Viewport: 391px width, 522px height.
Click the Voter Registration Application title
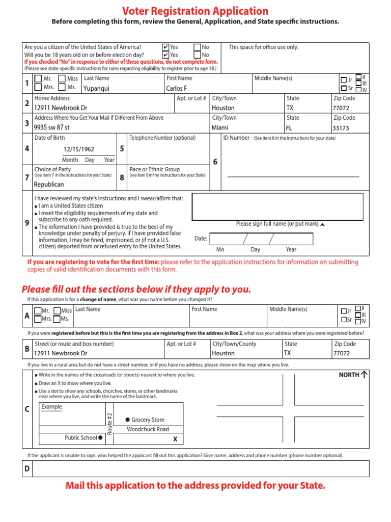[x=195, y=11]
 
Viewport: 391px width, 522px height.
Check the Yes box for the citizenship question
[x=165, y=47]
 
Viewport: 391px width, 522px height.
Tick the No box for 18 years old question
[x=197, y=55]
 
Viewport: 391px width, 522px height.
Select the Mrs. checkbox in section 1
[x=38, y=88]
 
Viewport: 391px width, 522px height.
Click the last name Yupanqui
[x=96, y=88]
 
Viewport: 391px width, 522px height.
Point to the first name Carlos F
[x=177, y=88]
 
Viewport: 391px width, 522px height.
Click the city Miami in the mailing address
[x=220, y=128]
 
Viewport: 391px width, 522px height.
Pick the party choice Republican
[x=49, y=185]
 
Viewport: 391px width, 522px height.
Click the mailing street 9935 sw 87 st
[x=52, y=128]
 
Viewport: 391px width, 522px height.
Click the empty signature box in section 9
[x=277, y=206]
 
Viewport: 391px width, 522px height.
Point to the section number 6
[x=215, y=162]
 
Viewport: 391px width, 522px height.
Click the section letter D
[x=27, y=468]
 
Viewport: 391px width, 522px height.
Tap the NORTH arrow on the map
[x=364, y=375]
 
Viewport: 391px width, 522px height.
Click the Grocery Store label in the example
[x=148, y=420]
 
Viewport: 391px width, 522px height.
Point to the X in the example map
[x=175, y=439]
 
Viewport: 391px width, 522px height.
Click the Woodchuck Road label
[x=148, y=429]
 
